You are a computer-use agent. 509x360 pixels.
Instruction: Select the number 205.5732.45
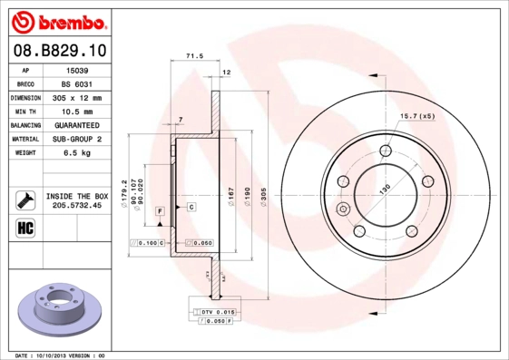click(x=77, y=206)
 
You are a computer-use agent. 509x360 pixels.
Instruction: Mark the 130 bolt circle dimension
click(x=384, y=187)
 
